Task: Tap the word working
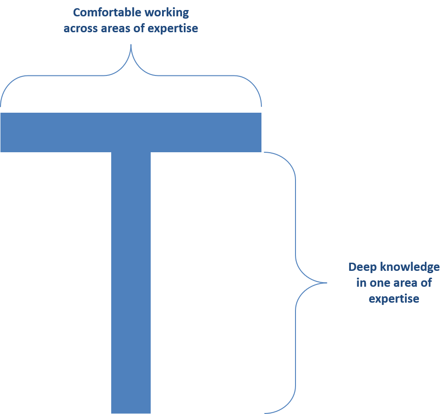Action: pos(167,12)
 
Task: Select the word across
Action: pos(79,28)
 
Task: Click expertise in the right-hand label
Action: pos(394,299)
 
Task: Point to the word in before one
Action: pos(361,283)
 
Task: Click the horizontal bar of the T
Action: pos(131,132)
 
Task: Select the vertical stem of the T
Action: pos(131,282)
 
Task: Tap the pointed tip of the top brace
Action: pos(131,45)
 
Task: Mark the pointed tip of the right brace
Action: pos(326,283)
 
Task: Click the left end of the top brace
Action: pos(1,105)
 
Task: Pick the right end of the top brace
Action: pos(261,105)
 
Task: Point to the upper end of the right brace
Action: pos(265,152)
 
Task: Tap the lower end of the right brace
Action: pos(265,413)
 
